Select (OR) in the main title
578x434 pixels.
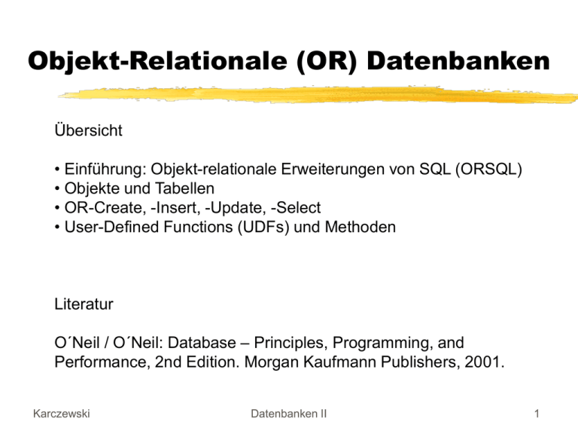(x=333, y=62)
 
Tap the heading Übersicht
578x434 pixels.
(x=88, y=130)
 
